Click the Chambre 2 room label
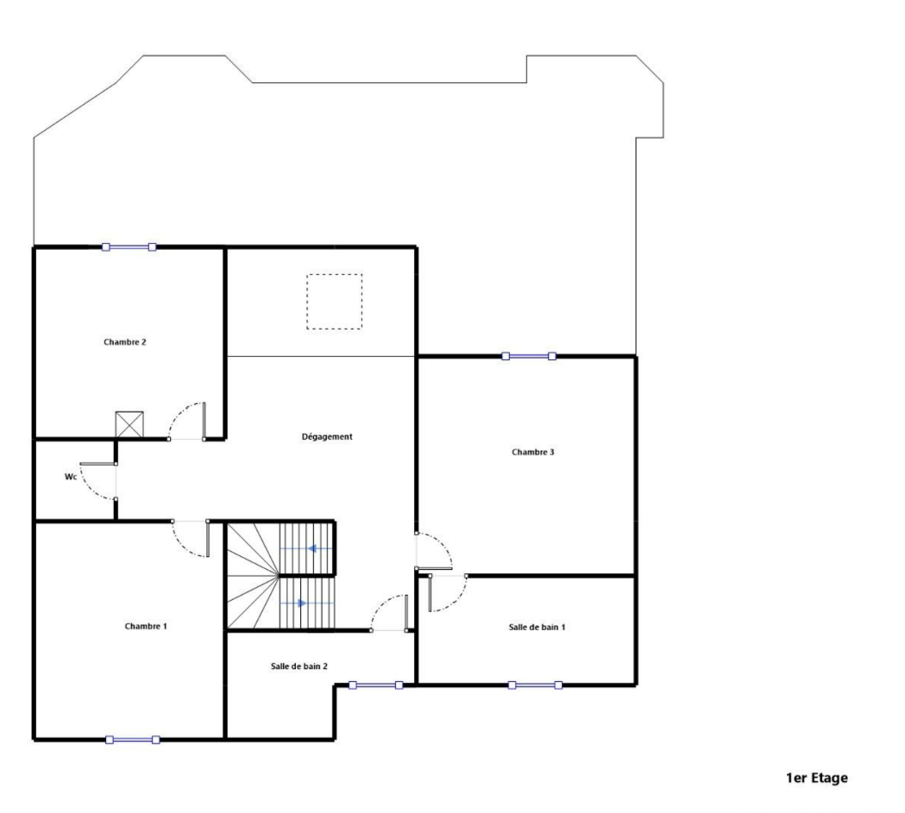(x=125, y=341)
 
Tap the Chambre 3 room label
(x=533, y=452)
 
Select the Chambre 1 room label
(x=145, y=626)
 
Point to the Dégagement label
(x=327, y=437)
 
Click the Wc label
(x=70, y=477)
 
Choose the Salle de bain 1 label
(x=537, y=627)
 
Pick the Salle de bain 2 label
(x=299, y=667)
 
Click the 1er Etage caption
(x=817, y=778)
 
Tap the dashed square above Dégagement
(x=334, y=274)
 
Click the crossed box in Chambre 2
(x=129, y=424)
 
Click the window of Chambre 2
(x=128, y=247)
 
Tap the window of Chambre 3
(x=529, y=356)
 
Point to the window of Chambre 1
(x=133, y=739)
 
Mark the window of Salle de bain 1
(x=535, y=685)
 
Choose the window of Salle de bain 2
(x=376, y=685)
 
